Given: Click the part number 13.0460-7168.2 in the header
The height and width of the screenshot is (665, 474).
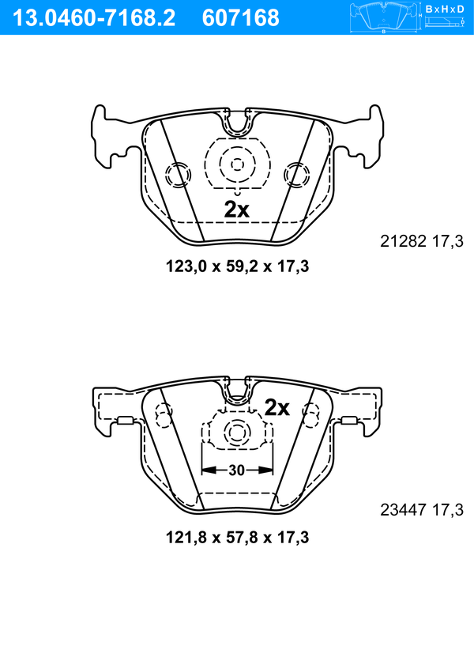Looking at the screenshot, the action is (94, 18).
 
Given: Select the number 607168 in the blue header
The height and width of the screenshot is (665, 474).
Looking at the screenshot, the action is (241, 18).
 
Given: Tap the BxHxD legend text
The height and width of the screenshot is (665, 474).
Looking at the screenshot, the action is (445, 9).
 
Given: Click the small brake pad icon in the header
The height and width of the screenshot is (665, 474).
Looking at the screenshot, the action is (383, 17).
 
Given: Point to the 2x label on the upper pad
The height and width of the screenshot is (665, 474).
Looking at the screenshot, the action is (237, 210).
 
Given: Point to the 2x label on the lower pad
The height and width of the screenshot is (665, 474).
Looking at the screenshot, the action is (277, 407).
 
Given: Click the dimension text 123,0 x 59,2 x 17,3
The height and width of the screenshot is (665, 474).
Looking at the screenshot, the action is (237, 266).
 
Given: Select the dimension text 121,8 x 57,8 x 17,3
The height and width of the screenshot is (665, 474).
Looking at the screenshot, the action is (237, 538).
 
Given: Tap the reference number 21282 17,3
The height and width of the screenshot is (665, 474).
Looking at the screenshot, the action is (422, 241).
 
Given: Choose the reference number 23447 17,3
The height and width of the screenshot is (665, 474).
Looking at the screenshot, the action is (422, 510).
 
